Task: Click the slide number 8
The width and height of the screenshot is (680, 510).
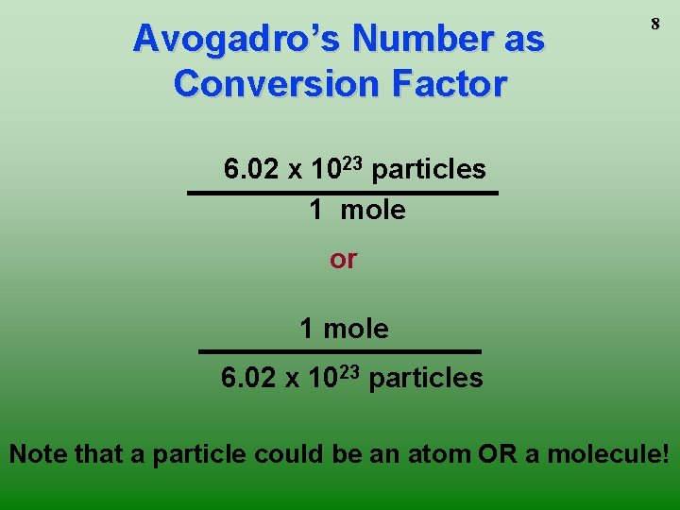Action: pos(654,25)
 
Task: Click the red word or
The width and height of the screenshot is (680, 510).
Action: pos(343,259)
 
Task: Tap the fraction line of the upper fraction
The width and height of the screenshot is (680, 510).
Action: pos(343,193)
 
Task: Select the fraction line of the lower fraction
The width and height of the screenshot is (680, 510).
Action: pos(339,351)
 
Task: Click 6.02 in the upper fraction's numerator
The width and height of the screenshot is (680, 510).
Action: pos(250,170)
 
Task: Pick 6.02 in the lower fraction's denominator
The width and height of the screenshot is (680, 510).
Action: pos(247,379)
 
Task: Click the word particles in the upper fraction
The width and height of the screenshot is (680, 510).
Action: pos(429,170)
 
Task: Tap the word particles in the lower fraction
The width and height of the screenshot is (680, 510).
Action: pos(426,379)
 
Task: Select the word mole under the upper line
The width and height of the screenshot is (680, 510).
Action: pos(372,210)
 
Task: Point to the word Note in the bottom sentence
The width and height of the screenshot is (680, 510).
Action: pos(38,454)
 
